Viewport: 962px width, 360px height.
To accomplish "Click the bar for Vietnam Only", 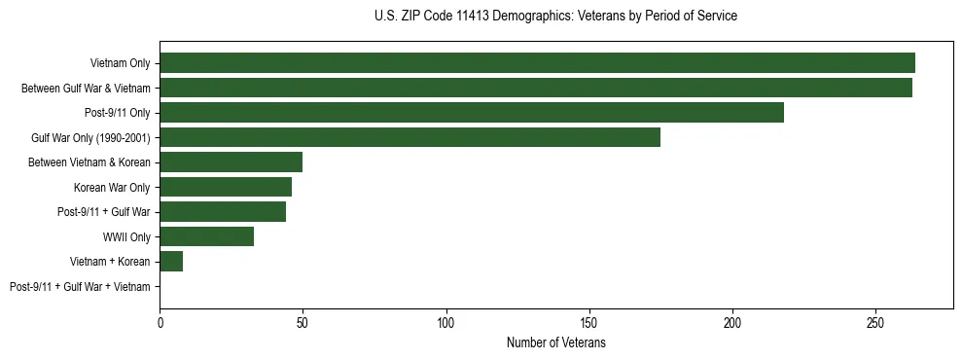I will (537, 63).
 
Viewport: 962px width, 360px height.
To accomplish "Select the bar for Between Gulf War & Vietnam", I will (536, 88).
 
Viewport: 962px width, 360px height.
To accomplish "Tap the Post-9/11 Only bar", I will (472, 113).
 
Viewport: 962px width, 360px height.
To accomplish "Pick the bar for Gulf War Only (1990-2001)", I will (410, 137).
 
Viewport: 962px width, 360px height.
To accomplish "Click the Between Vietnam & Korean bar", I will (232, 162).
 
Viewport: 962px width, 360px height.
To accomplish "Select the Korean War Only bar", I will (226, 187).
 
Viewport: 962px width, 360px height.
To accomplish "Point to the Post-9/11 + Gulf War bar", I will (223, 212).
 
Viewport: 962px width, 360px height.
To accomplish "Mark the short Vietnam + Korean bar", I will (171, 262).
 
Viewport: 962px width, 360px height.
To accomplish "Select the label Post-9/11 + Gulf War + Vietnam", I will (80, 286).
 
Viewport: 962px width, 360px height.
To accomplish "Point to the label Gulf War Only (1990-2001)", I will (90, 137).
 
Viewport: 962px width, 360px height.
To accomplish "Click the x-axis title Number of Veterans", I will (555, 342).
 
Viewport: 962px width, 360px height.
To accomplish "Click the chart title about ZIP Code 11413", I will (555, 17).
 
